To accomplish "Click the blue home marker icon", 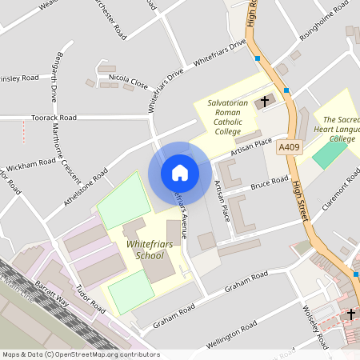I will coord(180,173).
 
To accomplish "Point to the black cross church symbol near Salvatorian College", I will coord(265,102).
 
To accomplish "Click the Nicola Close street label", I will coord(129,81).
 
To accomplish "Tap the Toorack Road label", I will coord(54,116).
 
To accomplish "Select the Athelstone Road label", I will coord(87,187).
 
